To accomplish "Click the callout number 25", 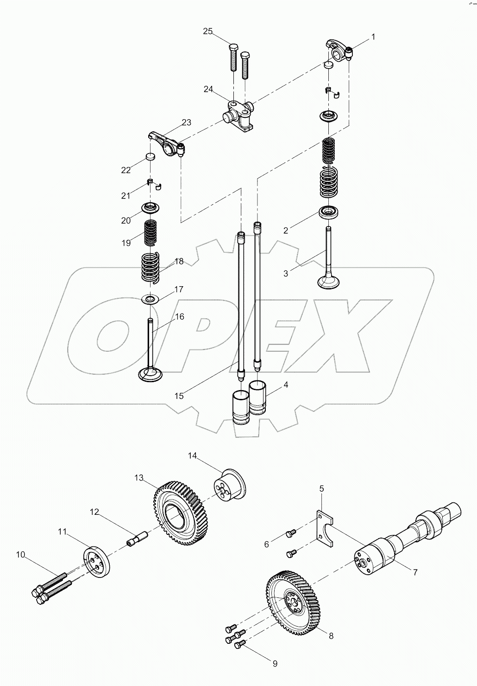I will pyautogui.click(x=208, y=32).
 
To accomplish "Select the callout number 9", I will pyautogui.click(x=275, y=664).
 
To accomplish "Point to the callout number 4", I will pyautogui.click(x=286, y=385).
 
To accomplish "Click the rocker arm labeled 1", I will pyautogui.click(x=340, y=50).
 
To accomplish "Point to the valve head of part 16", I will pyautogui.click(x=151, y=373).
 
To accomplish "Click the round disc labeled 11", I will pyautogui.click(x=95, y=563).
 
